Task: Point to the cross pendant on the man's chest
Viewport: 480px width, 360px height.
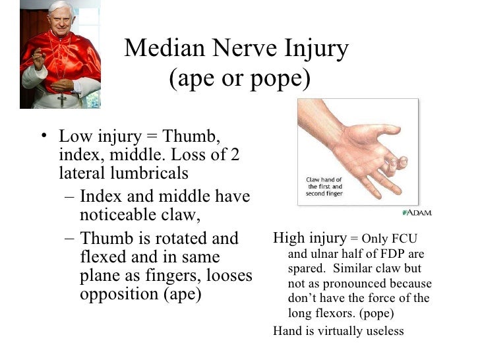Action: pyautogui.click(x=62, y=100)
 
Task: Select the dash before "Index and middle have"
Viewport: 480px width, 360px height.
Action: pyautogui.click(x=70, y=196)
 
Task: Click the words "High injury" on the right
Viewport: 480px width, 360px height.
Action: pyautogui.click(x=309, y=238)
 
